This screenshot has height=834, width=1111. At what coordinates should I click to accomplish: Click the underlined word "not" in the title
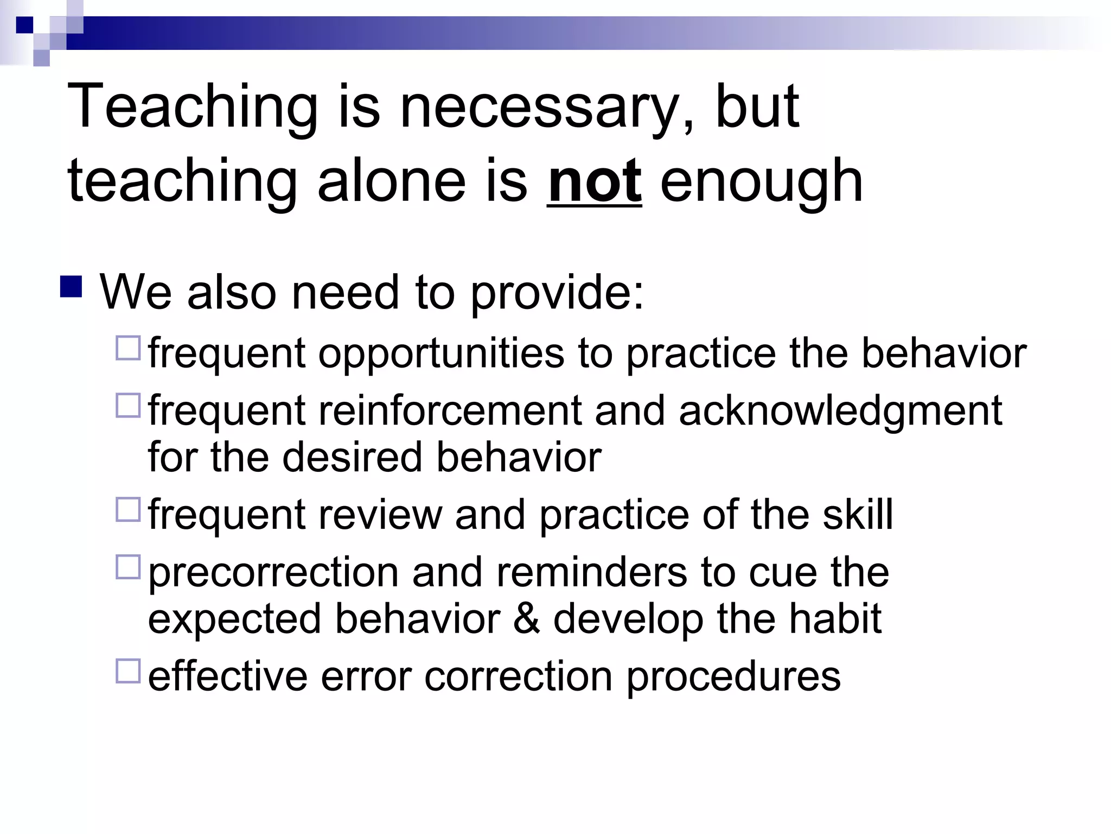595,181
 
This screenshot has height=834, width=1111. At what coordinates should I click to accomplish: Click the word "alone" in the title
392,181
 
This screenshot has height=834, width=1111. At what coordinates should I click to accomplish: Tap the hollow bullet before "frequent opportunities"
128,348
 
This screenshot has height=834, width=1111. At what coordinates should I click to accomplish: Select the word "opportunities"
441,354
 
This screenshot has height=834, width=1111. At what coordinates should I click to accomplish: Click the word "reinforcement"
450,411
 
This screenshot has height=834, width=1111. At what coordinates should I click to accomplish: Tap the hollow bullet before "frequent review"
128,510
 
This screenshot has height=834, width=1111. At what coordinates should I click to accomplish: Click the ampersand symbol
526,618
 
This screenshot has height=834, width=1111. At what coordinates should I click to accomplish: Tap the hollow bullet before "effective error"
128,671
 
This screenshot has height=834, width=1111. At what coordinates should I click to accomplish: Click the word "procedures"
733,677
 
